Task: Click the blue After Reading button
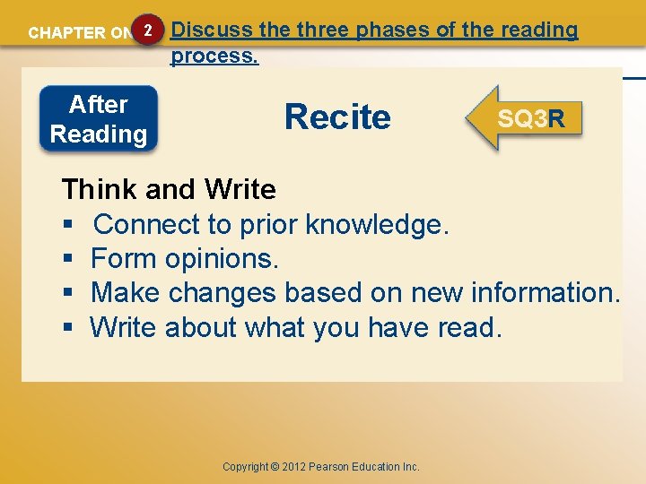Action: coord(99,119)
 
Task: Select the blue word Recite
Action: coord(337,117)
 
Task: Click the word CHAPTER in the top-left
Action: coord(66,33)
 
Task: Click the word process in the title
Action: coord(213,56)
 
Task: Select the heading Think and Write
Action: coord(169,189)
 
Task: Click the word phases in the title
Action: coord(390,30)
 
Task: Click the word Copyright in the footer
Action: coord(245,466)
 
